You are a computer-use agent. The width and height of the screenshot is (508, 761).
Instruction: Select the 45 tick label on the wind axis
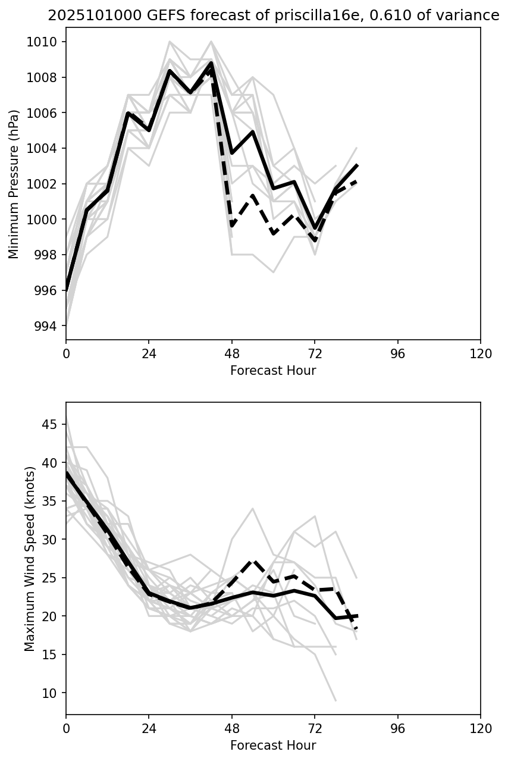[52, 425]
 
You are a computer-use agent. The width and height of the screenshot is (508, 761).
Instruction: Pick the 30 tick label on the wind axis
[52, 540]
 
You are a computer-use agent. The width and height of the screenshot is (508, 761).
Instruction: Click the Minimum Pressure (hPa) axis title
[14, 184]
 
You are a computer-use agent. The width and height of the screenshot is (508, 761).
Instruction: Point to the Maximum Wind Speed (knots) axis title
[30, 559]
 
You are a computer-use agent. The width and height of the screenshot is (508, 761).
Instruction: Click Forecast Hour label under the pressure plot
[273, 371]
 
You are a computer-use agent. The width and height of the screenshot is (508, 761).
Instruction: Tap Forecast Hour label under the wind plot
[273, 746]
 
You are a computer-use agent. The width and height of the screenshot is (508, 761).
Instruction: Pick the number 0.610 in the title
[356, 16]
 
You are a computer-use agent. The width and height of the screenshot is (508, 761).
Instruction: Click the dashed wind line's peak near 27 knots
[253, 561]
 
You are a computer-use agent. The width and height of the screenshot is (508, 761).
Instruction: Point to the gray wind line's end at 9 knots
[335, 700]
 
